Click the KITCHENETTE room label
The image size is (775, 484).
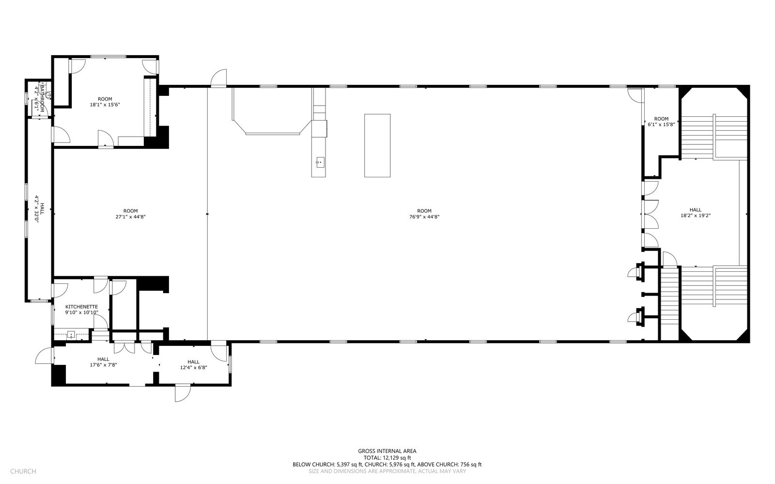[x=82, y=307]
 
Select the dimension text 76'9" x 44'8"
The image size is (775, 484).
[x=424, y=217]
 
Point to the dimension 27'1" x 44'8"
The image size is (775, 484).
[x=130, y=217]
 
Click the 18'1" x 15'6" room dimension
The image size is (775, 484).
[x=105, y=105]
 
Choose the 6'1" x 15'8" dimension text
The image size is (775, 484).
[x=661, y=125]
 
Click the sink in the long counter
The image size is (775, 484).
[x=320, y=162]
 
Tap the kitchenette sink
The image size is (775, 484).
[x=71, y=335]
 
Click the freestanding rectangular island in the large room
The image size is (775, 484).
[x=377, y=145]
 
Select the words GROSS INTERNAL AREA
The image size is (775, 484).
[x=387, y=451]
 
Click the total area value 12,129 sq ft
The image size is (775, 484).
[x=397, y=458]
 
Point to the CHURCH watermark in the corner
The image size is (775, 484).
[x=23, y=471]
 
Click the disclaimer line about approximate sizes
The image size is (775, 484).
[x=387, y=471]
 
